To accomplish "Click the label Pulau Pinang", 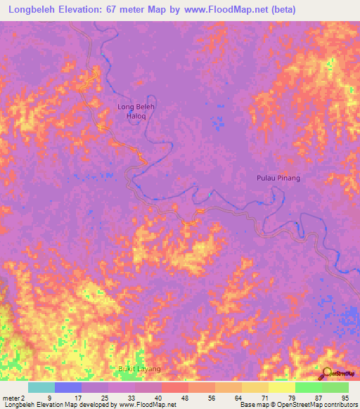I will tap(277, 178).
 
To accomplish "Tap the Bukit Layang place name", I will tap(139, 369).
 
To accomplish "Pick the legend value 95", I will tap(345, 397).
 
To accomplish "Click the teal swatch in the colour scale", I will tap(41, 387).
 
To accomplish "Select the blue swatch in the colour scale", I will tap(68, 387).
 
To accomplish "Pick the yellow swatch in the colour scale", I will tap(282, 387).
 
